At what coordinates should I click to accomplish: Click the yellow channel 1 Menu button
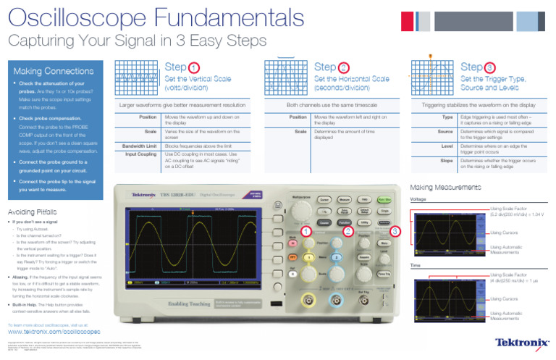tap(308, 257)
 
